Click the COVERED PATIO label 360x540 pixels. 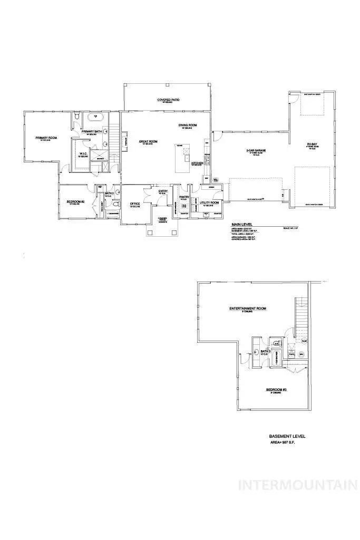(x=167, y=99)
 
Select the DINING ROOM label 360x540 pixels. (x=188, y=125)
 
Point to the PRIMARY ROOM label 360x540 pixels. (x=46, y=138)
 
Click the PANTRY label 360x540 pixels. (x=184, y=196)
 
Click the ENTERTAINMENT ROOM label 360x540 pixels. (x=247, y=308)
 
